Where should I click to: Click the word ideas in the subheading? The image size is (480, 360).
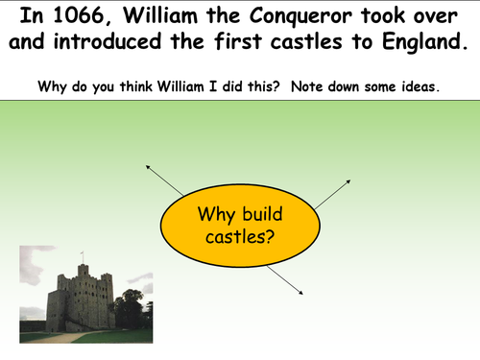pyautogui.click(x=420, y=85)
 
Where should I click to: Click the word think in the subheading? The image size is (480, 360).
pyautogui.click(x=142, y=85)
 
